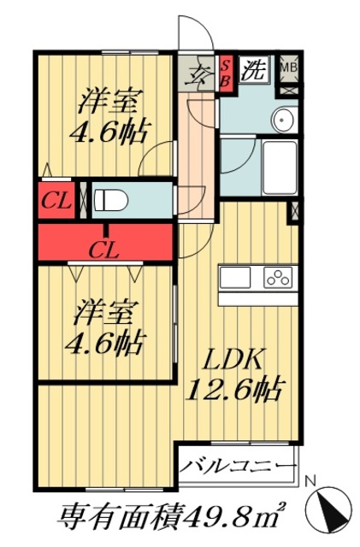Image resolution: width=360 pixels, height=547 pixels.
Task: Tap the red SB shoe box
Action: [x=227, y=69]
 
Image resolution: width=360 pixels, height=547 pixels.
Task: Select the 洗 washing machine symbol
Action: [x=252, y=69]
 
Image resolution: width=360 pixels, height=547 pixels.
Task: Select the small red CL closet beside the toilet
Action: [x=56, y=203]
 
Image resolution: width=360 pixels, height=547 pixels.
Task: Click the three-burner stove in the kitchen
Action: [x=279, y=277]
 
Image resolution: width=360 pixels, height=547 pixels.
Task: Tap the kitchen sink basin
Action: [x=236, y=277]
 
